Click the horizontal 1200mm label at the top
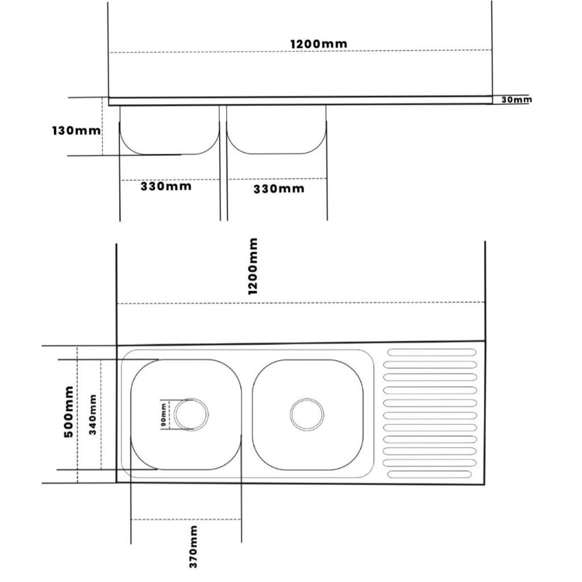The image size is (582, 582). pos(318,44)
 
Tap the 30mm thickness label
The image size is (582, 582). pos(516,99)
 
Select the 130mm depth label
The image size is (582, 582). pos(76,131)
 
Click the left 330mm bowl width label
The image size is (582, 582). pos(166,186)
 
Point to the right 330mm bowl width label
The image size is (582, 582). pos(278,189)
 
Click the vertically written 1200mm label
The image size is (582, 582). pos(252,266)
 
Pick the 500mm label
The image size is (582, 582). pos(69,411)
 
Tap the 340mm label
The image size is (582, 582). pos(93,414)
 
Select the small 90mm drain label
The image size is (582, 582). pos(163,415)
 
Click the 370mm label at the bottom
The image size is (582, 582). pos(193,546)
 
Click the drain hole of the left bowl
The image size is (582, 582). pos(191,414)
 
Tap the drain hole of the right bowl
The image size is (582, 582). pos(307,414)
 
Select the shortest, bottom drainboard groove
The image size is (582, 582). pos(430,474)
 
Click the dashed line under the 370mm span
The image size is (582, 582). pos(186,519)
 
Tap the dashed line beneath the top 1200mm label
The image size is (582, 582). pos(301,51)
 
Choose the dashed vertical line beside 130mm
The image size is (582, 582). pos(102,127)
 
